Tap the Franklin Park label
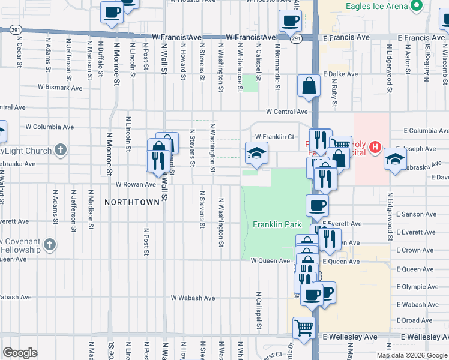pos(277,225)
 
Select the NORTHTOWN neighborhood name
pos(132,202)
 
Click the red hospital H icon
pos(375,146)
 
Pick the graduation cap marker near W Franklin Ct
pos(256,154)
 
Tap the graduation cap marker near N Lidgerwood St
pos(396,160)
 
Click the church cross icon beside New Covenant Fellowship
pos(49,245)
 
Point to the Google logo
pos(20,353)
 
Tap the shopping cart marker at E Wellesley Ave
pos(304,328)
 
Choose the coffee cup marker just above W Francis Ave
pos(290,20)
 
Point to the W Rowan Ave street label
pos(136,184)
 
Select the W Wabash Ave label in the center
pos(193,298)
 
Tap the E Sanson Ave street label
pos(419,214)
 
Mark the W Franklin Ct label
pos(274,137)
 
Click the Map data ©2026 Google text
pos(412,355)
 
